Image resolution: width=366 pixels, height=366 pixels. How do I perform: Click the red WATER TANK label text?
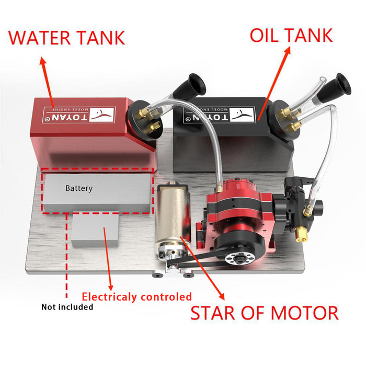point(67,38)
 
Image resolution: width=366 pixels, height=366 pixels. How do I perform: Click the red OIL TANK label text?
point(291,35)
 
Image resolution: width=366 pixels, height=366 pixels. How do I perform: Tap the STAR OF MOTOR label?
point(265,313)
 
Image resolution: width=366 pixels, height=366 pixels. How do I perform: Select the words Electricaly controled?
point(137,297)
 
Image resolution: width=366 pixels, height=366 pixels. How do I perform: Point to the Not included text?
point(67,307)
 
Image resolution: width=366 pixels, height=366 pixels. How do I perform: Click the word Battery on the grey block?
point(79,188)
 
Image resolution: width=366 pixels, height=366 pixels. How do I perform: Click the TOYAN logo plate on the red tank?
point(79,115)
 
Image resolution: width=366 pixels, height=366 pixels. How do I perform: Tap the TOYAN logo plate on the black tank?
point(219,115)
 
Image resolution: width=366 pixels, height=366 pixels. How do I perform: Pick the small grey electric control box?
point(95,230)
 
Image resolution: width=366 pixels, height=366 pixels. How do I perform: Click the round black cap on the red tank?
point(145,120)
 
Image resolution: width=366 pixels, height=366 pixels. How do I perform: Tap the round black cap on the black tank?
point(284,120)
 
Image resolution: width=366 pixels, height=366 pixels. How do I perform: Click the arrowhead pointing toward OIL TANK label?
point(288,51)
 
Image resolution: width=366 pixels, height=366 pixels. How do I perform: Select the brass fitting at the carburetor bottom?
point(301,235)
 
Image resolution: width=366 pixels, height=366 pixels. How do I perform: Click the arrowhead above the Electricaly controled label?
point(111,288)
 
